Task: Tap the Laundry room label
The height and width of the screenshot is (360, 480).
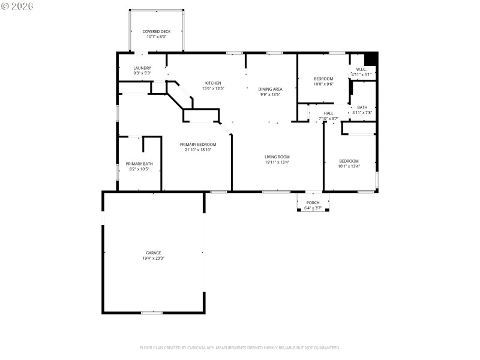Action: point(142,68)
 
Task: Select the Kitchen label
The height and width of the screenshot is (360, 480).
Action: point(213,83)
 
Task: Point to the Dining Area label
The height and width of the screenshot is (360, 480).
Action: point(271,89)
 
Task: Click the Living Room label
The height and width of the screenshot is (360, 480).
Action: point(277,157)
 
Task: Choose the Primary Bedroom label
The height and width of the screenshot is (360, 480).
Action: point(198,145)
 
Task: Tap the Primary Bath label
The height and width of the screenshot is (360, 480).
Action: point(139,164)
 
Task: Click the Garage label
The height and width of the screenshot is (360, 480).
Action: point(153,253)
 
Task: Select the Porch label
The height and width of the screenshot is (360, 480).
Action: point(313,203)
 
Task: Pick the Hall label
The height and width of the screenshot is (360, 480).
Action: point(328,113)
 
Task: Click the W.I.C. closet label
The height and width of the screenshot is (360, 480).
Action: point(361,69)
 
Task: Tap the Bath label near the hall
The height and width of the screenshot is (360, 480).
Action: point(362,107)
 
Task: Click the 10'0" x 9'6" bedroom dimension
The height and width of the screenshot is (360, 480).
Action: point(323,84)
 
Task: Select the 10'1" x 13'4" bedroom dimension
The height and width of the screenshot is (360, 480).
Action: point(349,166)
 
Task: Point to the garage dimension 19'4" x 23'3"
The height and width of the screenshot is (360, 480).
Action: point(153,259)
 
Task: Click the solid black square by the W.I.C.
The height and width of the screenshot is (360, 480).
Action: point(371,58)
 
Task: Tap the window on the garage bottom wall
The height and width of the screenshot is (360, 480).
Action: point(152,313)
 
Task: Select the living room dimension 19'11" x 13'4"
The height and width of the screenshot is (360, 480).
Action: point(277,163)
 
